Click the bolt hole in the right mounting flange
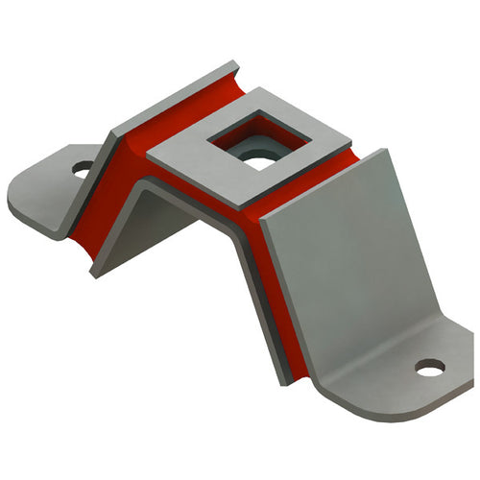[429, 367]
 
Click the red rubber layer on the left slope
[106, 202]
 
